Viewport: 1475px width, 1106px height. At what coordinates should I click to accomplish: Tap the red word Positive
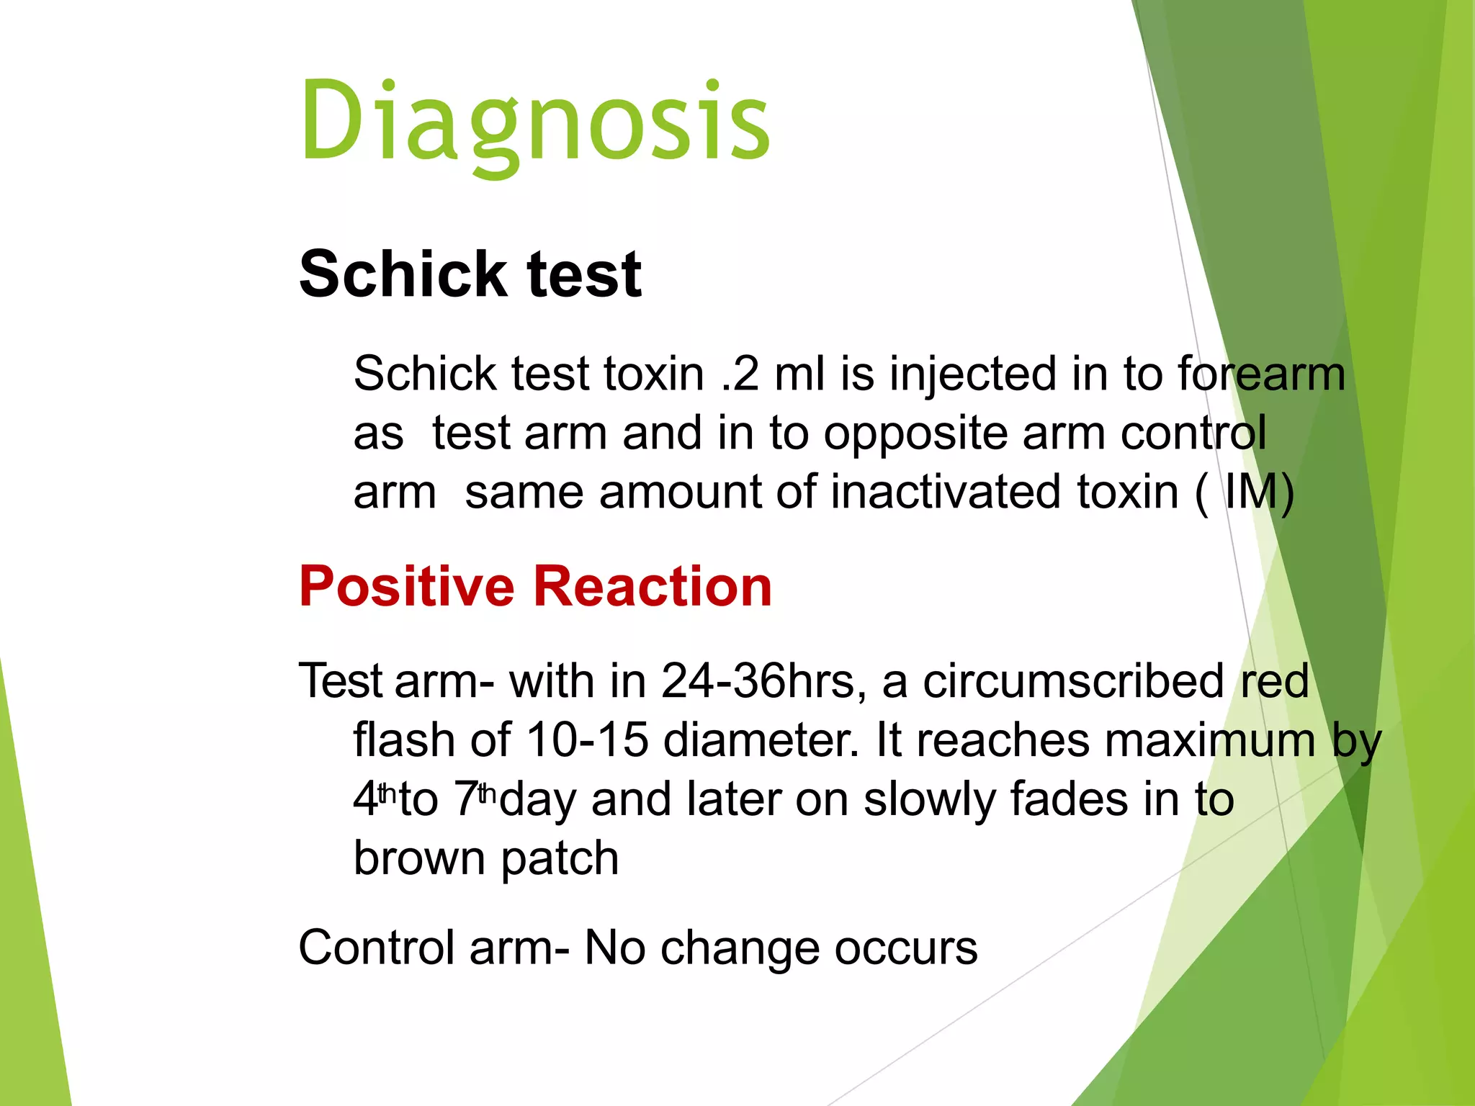407,586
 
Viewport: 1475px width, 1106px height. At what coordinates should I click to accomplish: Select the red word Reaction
653,586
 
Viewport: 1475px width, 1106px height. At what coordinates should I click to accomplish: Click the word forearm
1261,374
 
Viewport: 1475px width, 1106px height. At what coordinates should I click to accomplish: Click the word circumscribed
1073,681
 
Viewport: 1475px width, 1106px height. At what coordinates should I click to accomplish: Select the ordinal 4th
374,798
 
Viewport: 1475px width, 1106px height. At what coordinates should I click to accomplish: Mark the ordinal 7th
475,798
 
